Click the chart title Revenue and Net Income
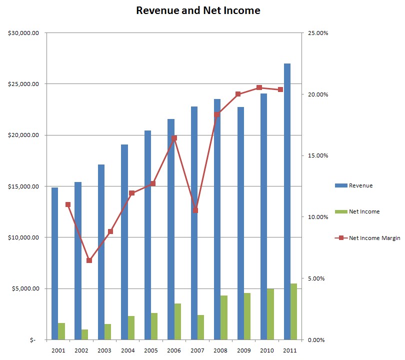[198, 10]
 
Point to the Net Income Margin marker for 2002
[89, 260]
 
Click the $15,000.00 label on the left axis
[25, 186]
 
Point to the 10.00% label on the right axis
[316, 217]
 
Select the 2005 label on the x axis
[150, 350]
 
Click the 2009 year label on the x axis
[243, 350]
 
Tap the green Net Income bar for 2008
[224, 317]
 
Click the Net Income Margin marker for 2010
[259, 87]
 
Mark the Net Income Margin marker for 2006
[174, 138]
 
